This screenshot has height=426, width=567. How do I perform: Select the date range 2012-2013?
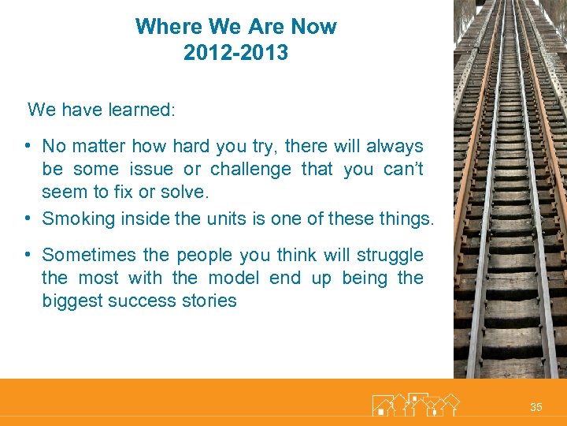pos(235,53)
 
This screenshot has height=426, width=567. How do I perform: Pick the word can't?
pos(403,169)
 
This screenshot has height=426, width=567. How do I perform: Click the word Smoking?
pos(78,219)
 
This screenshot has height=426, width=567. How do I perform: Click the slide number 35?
pos(536,407)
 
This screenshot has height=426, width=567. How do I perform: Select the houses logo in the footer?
pos(415,404)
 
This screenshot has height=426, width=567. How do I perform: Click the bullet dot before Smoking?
pos(27,218)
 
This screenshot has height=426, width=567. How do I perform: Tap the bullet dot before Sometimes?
pos(27,254)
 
